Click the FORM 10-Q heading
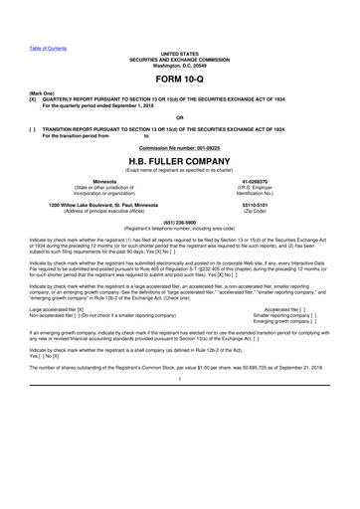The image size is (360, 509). tap(179, 77)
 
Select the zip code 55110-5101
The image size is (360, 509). tap(254, 205)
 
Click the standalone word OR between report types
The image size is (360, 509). tap(179, 116)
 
